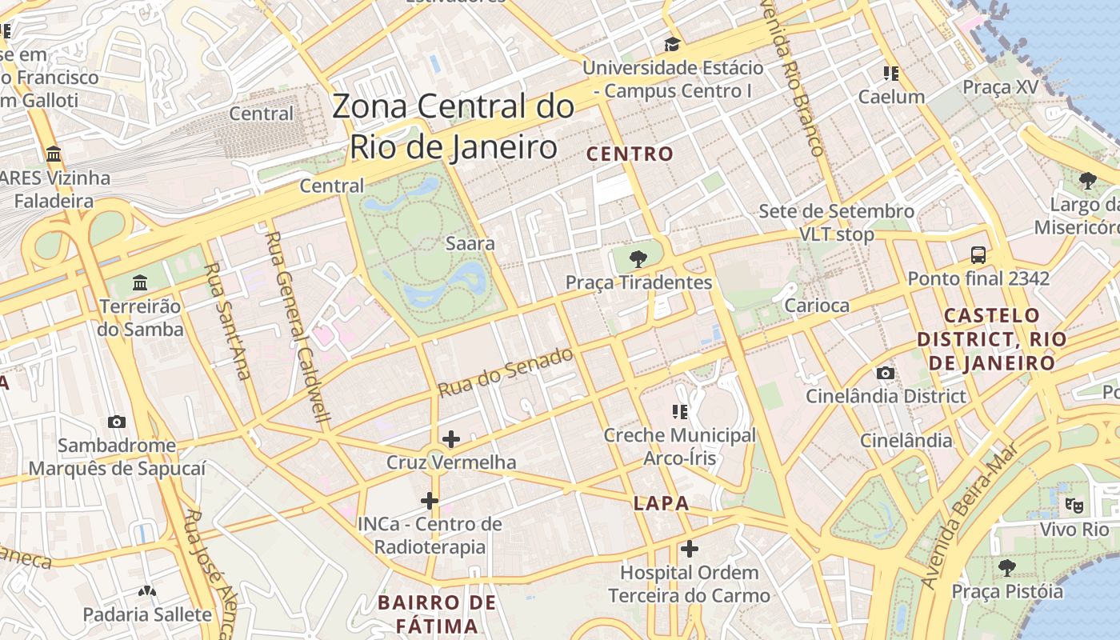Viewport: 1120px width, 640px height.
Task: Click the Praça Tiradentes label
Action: click(x=638, y=282)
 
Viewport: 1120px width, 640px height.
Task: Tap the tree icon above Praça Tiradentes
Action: click(x=638, y=258)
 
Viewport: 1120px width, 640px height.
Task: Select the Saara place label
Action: click(x=470, y=243)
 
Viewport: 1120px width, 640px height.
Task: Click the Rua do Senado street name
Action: click(x=506, y=372)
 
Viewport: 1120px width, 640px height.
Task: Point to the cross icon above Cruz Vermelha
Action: click(x=451, y=438)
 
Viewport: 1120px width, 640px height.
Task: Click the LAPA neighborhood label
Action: click(x=661, y=503)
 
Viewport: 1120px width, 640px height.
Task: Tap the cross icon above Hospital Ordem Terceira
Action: click(x=689, y=549)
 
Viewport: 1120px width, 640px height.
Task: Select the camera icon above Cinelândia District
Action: click(x=885, y=373)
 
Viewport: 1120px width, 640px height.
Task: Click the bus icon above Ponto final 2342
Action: click(x=978, y=255)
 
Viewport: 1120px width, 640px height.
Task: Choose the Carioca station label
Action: click(x=816, y=305)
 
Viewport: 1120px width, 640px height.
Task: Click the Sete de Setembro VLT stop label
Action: click(x=836, y=223)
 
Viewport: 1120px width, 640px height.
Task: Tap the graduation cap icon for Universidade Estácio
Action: click(x=672, y=44)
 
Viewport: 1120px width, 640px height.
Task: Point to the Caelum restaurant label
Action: click(x=891, y=97)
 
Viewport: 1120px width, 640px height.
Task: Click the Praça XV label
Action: click(x=1000, y=86)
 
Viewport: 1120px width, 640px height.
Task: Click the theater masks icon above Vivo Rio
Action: click(x=1074, y=506)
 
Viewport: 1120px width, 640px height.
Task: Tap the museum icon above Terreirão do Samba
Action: click(x=141, y=282)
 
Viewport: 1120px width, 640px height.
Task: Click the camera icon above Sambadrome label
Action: click(x=117, y=422)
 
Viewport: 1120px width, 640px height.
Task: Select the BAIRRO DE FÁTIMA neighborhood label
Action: click(x=438, y=614)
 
